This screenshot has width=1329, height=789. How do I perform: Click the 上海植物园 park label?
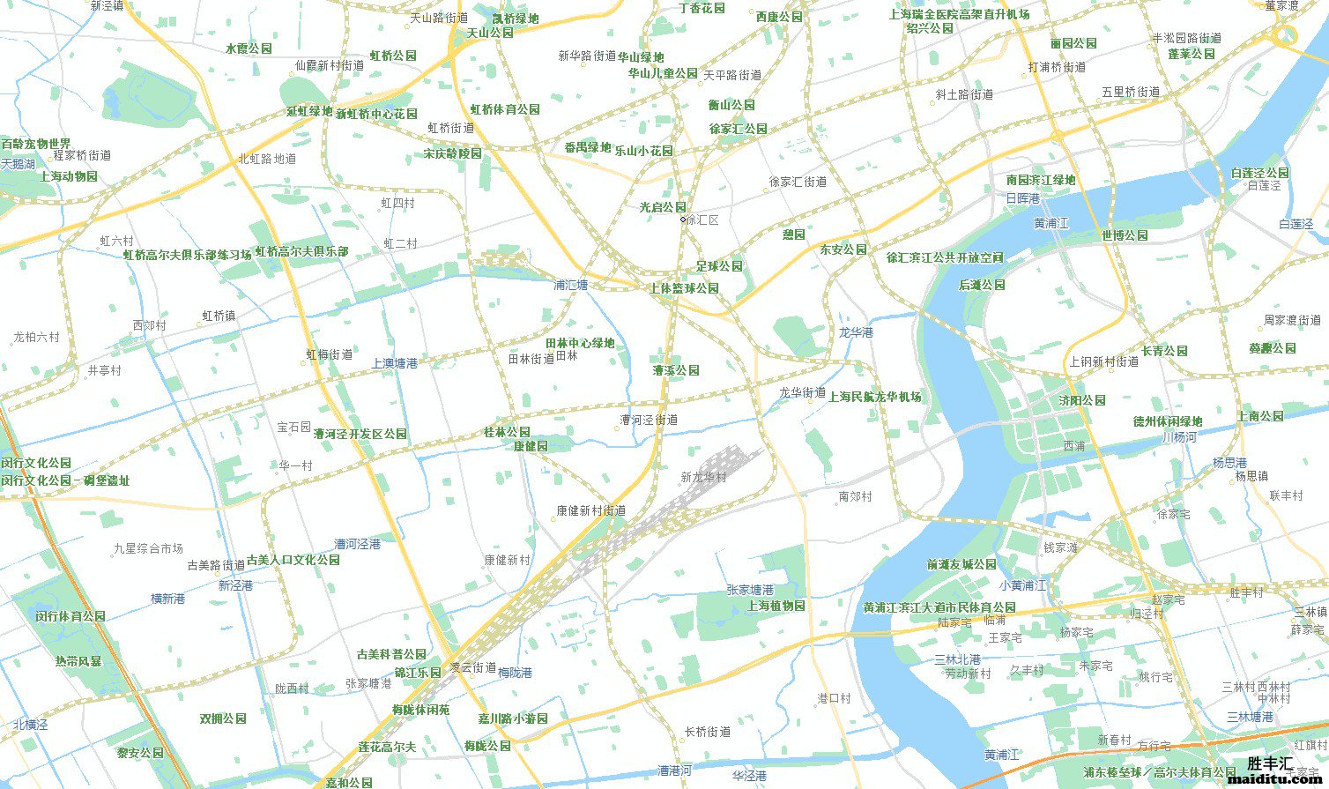point(776,606)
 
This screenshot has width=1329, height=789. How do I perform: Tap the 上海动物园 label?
point(68,176)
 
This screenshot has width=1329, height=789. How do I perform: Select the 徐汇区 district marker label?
point(702,220)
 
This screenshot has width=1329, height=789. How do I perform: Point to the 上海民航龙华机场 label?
point(874,397)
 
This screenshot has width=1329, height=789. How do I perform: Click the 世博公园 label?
point(1124,235)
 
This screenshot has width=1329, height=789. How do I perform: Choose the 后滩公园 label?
point(982,285)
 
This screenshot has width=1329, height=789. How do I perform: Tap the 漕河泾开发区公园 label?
point(360,434)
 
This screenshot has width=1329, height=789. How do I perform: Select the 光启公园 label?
point(662,207)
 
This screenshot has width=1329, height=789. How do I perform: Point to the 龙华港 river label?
point(855,332)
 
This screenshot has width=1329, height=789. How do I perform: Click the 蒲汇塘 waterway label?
point(570,286)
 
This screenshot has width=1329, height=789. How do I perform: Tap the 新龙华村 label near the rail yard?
point(703,477)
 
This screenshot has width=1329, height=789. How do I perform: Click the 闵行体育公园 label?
point(70,616)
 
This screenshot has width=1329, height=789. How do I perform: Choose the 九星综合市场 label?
point(148,548)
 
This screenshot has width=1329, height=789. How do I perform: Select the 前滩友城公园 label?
point(961,564)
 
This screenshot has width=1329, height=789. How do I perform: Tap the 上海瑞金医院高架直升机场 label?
point(958,14)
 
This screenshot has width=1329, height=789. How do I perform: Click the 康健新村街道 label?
point(590,510)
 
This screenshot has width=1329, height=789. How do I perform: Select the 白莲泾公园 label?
point(1259,173)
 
